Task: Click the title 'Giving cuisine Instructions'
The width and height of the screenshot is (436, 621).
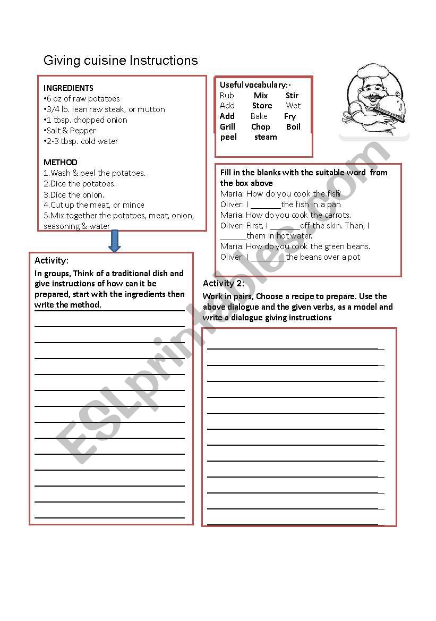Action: click(x=121, y=61)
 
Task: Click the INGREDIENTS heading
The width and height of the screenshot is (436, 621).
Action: click(x=69, y=88)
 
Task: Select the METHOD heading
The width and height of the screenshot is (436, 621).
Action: click(x=61, y=163)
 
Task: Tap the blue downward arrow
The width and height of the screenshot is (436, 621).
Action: click(x=114, y=241)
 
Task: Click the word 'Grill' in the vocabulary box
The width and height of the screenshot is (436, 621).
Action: click(x=227, y=127)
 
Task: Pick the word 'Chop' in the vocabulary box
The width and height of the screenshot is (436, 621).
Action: click(x=260, y=127)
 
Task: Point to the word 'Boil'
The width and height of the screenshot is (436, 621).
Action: click(x=293, y=127)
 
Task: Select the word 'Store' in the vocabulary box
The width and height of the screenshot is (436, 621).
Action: click(x=262, y=106)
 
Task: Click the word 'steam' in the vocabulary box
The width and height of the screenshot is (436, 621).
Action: click(x=266, y=137)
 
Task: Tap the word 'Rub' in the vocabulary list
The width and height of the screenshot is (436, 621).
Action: click(x=227, y=96)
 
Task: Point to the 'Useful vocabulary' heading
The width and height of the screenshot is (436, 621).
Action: click(x=255, y=85)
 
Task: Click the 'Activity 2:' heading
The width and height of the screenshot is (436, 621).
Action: click(x=224, y=283)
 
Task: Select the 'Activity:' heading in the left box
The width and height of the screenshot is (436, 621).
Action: click(x=52, y=260)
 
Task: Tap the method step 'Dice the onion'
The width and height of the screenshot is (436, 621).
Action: click(x=74, y=194)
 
